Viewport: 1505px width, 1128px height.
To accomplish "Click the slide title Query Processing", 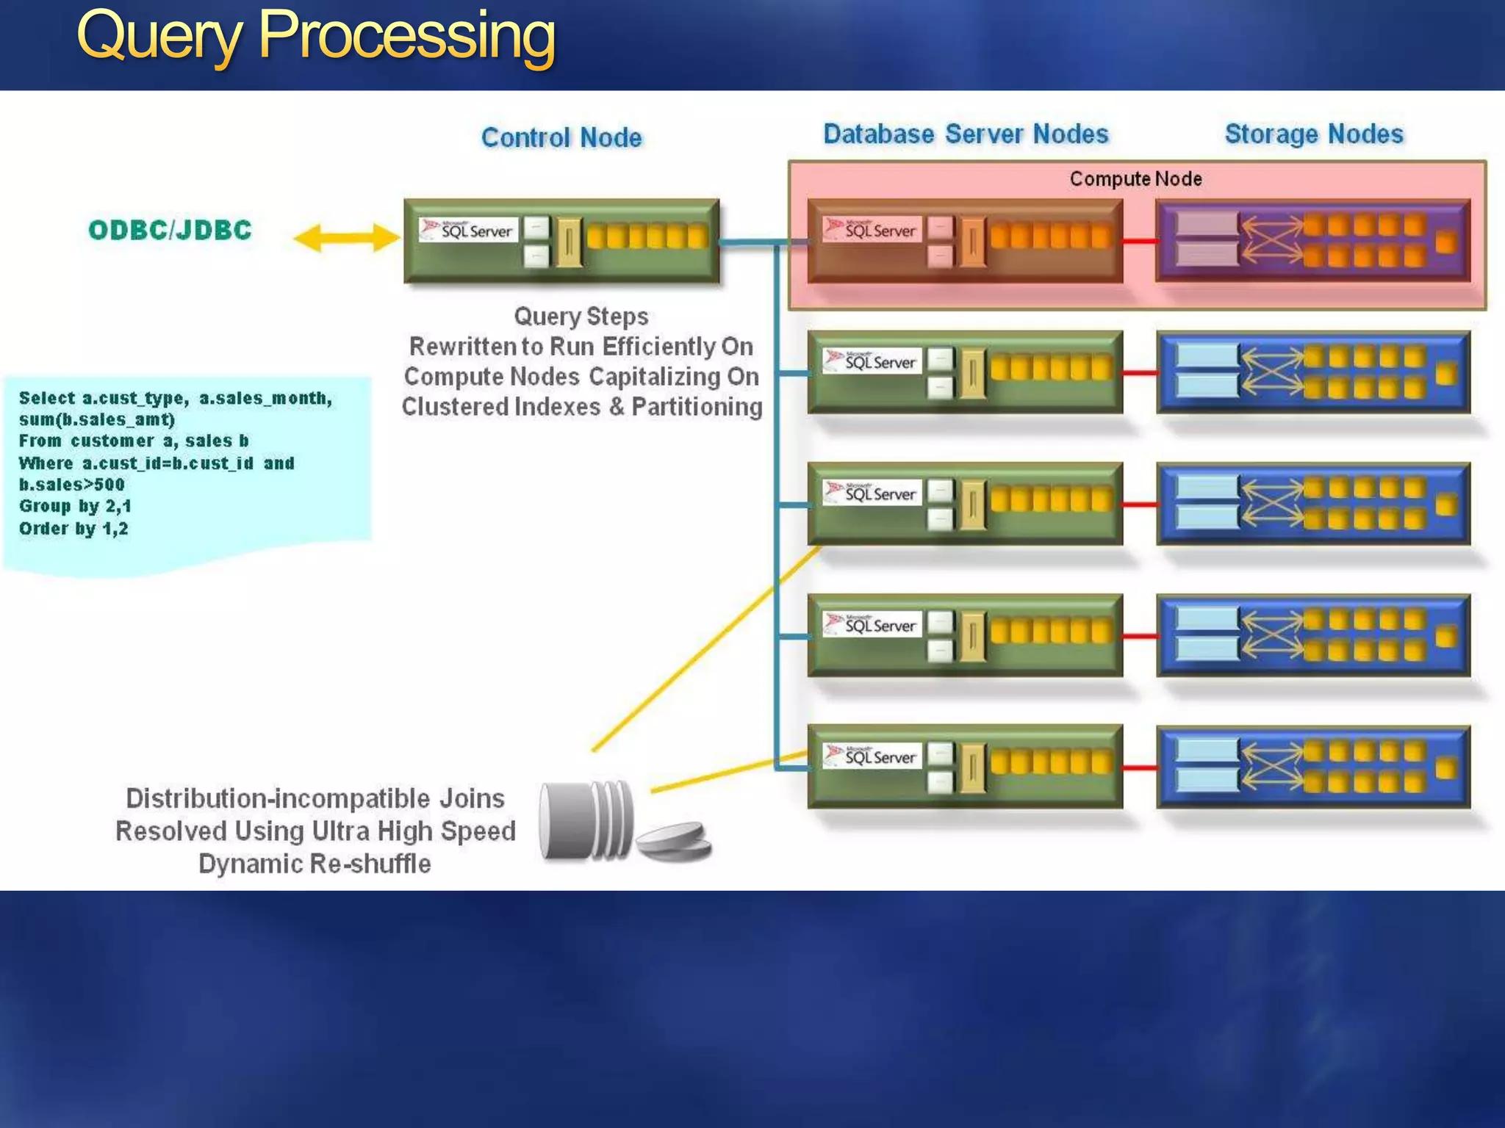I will click(x=316, y=37).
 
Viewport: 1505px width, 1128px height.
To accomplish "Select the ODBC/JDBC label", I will click(x=170, y=230).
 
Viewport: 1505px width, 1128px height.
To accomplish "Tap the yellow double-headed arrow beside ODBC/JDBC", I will click(x=345, y=238).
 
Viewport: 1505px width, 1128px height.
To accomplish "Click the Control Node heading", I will click(x=561, y=137).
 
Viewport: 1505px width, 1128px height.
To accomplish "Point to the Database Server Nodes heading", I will click(x=966, y=134).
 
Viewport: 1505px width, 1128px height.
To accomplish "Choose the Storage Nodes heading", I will click(x=1314, y=134).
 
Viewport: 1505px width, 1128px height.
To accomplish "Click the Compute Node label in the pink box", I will click(x=1135, y=178).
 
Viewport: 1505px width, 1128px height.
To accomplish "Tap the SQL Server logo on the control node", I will click(x=468, y=230).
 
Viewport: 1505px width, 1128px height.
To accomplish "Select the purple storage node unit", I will click(x=1313, y=240).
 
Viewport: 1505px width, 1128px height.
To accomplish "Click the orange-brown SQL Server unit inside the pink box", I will click(x=964, y=240).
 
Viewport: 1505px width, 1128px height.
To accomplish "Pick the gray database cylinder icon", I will click(x=586, y=820).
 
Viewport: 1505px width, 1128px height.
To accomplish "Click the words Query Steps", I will click(x=581, y=317).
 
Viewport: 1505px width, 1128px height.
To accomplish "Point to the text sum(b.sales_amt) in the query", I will click(x=97, y=419).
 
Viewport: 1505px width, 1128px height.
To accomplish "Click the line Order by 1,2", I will click(x=73, y=529).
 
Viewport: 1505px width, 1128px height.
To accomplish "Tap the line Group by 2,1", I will click(x=75, y=506).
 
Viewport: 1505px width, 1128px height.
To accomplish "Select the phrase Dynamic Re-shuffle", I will click(x=315, y=864).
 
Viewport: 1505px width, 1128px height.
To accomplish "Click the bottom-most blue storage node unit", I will click(x=1313, y=767).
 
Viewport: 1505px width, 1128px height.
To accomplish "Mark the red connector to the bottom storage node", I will click(x=1140, y=768).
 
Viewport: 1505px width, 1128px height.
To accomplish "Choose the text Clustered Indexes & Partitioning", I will click(x=581, y=407).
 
